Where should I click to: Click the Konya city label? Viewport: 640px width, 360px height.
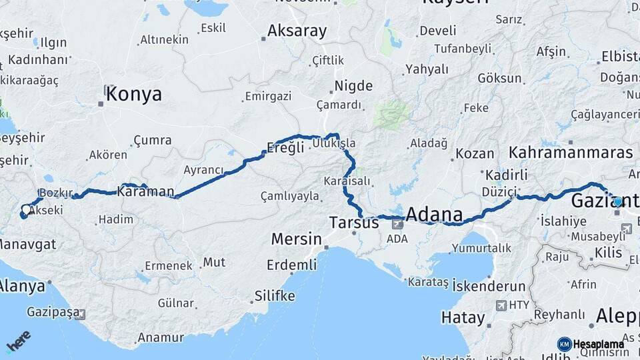(x=133, y=94)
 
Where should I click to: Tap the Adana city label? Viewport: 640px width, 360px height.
(x=434, y=215)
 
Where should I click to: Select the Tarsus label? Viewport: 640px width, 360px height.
(x=355, y=222)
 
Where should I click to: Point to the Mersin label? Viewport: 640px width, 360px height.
(x=297, y=239)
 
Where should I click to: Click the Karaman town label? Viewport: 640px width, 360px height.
(x=145, y=191)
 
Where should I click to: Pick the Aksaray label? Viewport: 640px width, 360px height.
(x=297, y=31)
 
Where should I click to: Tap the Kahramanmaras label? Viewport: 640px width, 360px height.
(x=571, y=152)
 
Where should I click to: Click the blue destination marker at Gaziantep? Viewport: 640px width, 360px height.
(x=618, y=201)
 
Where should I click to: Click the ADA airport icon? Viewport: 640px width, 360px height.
(x=397, y=224)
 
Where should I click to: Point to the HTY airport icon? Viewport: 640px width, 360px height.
(x=501, y=305)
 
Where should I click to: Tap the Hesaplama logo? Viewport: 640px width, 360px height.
(x=591, y=344)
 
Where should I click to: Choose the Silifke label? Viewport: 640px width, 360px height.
(x=275, y=295)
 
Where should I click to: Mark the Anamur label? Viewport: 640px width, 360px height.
(x=160, y=337)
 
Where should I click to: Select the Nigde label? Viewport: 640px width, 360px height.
(x=354, y=85)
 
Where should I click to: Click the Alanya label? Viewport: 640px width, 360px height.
(x=23, y=287)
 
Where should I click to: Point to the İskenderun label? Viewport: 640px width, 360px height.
(x=489, y=286)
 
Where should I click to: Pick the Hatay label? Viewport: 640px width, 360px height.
(x=462, y=317)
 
